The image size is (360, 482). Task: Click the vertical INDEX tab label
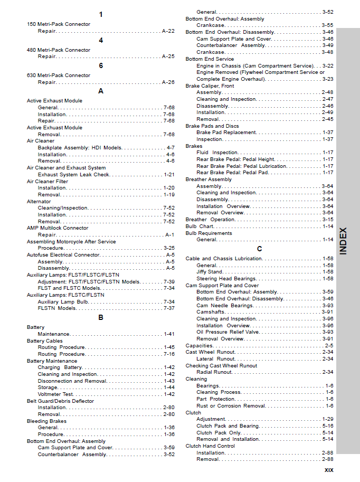click(x=343, y=241)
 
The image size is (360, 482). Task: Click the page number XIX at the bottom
click(x=328, y=470)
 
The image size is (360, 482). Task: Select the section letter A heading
click(x=101, y=91)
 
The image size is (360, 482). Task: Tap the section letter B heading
click(x=101, y=317)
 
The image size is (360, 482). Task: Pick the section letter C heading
click(x=259, y=249)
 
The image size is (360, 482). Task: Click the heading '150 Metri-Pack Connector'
click(x=58, y=24)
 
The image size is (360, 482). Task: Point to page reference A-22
click(x=168, y=31)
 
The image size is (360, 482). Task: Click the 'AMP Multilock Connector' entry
click(x=58, y=228)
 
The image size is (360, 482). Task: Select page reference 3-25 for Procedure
click(x=169, y=248)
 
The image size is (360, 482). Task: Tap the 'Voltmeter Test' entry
click(x=55, y=394)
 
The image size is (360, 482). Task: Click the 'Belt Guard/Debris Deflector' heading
click(x=60, y=401)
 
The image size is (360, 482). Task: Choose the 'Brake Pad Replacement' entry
click(x=226, y=133)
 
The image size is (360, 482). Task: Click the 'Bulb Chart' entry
click(x=199, y=226)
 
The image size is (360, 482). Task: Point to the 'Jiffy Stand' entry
click(x=209, y=272)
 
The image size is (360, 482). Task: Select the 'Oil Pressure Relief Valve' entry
click(x=228, y=332)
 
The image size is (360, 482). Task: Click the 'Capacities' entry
click(x=199, y=346)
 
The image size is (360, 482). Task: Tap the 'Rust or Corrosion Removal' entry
click(x=231, y=406)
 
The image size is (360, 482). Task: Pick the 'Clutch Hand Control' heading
click(x=210, y=446)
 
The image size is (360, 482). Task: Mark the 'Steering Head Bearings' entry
click(x=226, y=279)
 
